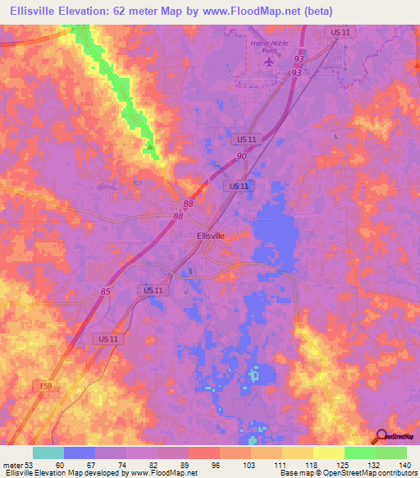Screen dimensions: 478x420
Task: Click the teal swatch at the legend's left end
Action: click(x=48, y=453)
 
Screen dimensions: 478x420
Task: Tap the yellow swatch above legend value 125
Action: click(x=328, y=453)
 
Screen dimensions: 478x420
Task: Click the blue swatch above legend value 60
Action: click(x=79, y=453)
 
